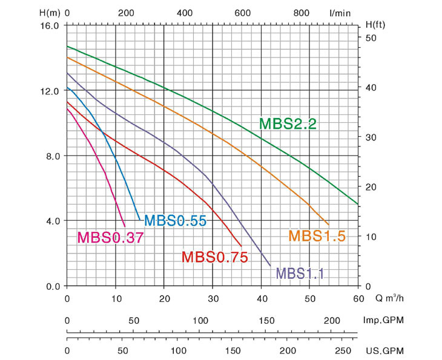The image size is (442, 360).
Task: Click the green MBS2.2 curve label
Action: coord(288,124)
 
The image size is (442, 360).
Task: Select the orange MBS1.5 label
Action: coord(317,236)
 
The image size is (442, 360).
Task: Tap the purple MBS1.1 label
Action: coord(300,273)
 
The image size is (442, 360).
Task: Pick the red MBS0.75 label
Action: coord(215,257)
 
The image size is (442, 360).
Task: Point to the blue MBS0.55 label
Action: coord(176,221)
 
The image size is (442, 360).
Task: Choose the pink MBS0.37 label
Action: coord(110,237)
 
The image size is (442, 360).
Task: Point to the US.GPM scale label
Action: coord(385,351)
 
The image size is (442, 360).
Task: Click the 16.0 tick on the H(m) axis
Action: coord(48,26)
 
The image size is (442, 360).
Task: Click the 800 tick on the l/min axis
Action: coord(302,12)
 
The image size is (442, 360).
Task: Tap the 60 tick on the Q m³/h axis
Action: coord(358,298)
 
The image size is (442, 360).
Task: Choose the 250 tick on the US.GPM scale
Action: coord(342,351)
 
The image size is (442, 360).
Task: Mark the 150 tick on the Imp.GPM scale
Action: coord(265,321)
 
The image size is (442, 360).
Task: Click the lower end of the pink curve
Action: coord(124,226)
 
